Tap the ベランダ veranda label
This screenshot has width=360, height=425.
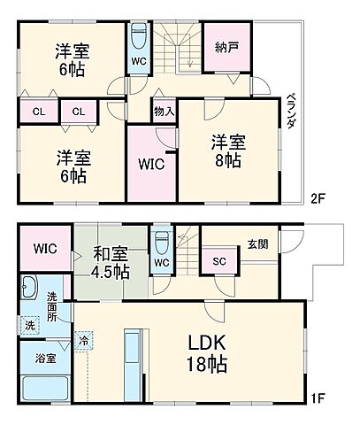point(291,111)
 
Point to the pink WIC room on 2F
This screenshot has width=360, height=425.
point(151,163)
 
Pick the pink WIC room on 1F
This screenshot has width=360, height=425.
point(43,249)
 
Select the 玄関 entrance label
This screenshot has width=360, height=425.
point(257,245)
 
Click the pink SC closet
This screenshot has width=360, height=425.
point(219,263)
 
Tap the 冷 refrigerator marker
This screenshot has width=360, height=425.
point(84,338)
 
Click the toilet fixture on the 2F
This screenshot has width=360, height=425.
point(140,36)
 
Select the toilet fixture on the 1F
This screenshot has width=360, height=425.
point(160,243)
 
